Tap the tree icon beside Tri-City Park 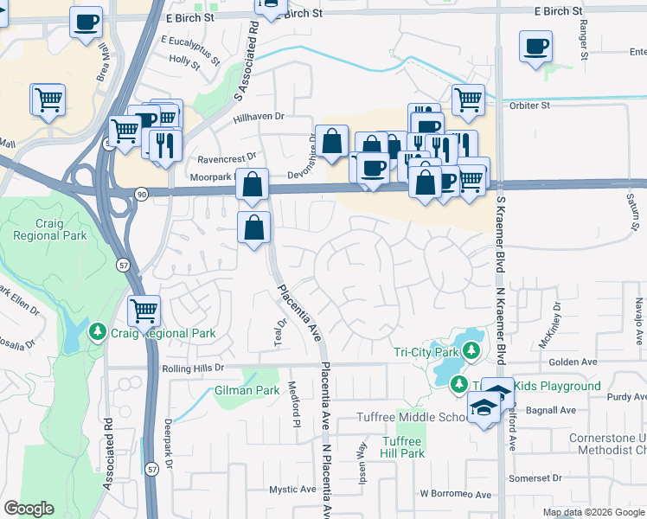(471, 351)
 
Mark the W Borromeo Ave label (456, 494)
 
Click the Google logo (29, 509)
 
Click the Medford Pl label (295, 405)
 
